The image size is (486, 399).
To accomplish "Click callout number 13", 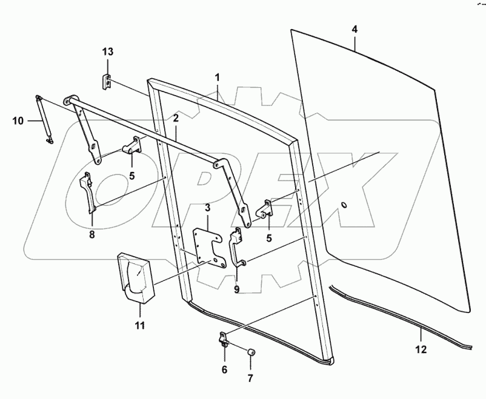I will point(107,52).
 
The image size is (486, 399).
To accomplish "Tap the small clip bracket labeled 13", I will point(107,83).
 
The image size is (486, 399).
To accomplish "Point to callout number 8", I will point(92,235).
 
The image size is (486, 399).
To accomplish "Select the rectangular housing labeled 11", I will point(137,278).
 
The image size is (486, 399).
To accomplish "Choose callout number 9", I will point(237,289).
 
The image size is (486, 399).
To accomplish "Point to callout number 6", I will point(224,370).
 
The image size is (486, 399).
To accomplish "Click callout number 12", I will point(421,349).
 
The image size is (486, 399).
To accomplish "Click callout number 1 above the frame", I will point(217,77).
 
